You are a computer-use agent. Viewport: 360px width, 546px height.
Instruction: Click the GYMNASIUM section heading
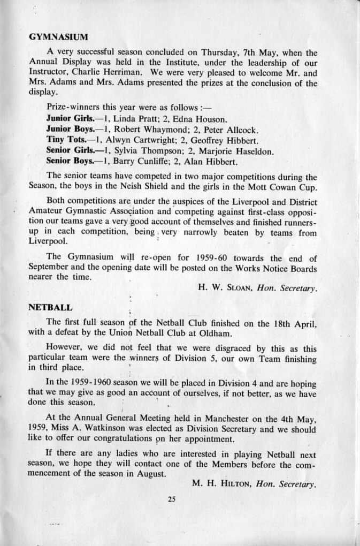[x=58, y=37]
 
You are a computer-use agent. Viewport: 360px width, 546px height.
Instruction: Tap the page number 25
[x=171, y=499]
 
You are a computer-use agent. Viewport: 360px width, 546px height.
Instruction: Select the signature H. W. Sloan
[x=225, y=287]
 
